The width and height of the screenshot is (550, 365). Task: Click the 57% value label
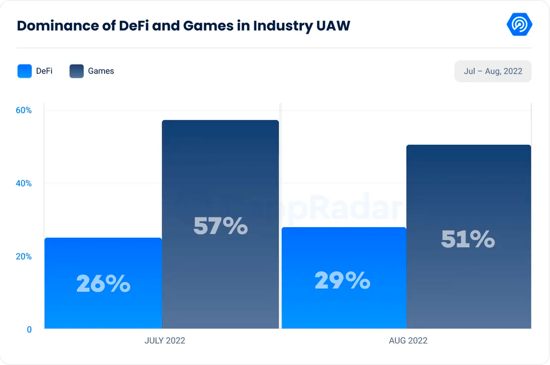pos(220,226)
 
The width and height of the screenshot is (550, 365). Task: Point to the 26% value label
pos(103,284)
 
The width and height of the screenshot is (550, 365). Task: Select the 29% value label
pos(342,280)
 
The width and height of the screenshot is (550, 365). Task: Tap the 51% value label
pos(468,239)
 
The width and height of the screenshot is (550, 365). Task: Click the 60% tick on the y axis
pos(23,111)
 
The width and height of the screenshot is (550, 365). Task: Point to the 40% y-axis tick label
pos(23,183)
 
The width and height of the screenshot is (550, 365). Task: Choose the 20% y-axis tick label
pos(23,256)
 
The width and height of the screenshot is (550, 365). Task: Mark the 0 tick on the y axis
pos(29,330)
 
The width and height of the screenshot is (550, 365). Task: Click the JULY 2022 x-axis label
pos(165,341)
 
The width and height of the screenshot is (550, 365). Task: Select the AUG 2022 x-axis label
pos(408,341)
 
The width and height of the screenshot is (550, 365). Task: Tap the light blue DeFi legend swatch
pos(24,71)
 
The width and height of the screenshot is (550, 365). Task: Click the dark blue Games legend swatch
pos(76,71)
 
